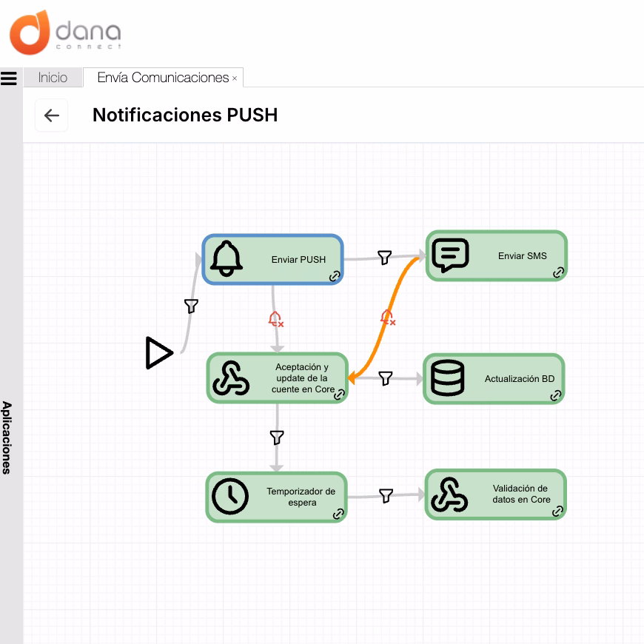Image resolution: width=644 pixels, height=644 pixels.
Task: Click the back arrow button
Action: click(51, 115)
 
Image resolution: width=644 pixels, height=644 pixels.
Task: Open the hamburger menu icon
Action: click(9, 78)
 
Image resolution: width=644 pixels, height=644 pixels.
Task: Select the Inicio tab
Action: click(53, 77)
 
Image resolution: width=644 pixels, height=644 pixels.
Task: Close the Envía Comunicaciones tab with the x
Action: click(235, 78)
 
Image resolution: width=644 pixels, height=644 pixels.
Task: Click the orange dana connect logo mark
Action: click(30, 33)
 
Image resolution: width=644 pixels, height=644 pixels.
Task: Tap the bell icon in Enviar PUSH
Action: click(227, 259)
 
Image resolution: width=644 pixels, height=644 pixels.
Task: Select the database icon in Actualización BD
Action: click(448, 378)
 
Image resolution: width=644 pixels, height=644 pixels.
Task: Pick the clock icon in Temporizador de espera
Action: click(230, 496)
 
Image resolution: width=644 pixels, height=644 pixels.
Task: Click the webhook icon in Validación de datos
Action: click(449, 494)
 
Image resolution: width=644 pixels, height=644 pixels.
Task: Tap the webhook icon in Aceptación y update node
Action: click(231, 378)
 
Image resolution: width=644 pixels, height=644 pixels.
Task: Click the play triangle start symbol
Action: click(159, 353)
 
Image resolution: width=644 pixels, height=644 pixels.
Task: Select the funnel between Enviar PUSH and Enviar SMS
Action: click(384, 258)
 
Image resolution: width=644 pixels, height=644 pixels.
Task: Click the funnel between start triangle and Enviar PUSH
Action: click(192, 306)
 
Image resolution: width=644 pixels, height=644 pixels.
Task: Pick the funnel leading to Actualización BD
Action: click(385, 378)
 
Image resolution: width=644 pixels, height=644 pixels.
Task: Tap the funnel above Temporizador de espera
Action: click(277, 437)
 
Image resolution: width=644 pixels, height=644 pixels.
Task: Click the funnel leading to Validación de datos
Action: click(386, 496)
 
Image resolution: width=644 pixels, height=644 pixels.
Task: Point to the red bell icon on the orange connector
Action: click(387, 318)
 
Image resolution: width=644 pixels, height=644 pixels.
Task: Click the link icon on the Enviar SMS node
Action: click(558, 272)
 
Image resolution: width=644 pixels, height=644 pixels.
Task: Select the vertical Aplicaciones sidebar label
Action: click(7, 437)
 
